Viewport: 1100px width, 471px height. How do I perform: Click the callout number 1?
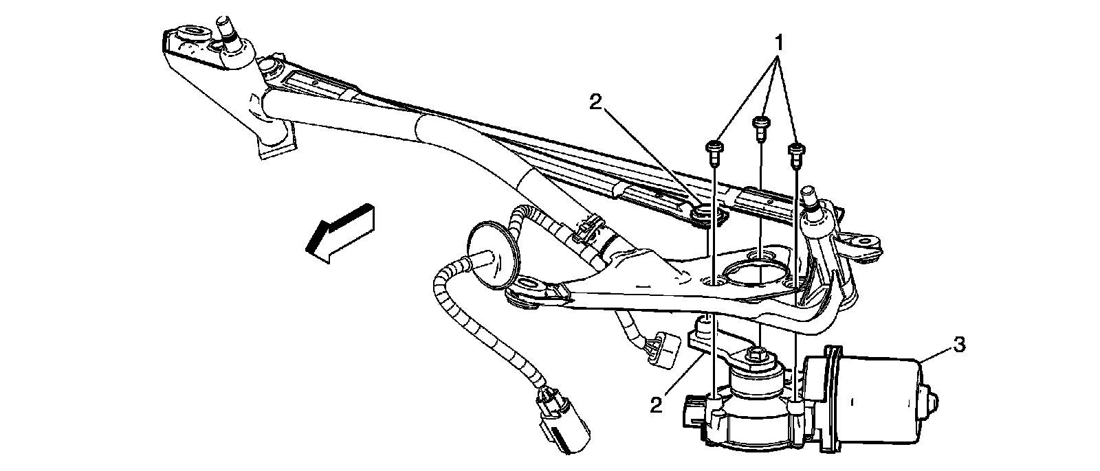coord(779,43)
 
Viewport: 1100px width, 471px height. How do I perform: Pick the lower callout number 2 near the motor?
coord(657,404)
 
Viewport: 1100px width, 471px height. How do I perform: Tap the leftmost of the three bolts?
coord(714,150)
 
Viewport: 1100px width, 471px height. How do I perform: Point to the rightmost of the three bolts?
coord(796,152)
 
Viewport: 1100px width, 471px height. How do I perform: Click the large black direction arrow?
coord(340,233)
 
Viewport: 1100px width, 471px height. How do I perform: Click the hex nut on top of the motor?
coord(756,354)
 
